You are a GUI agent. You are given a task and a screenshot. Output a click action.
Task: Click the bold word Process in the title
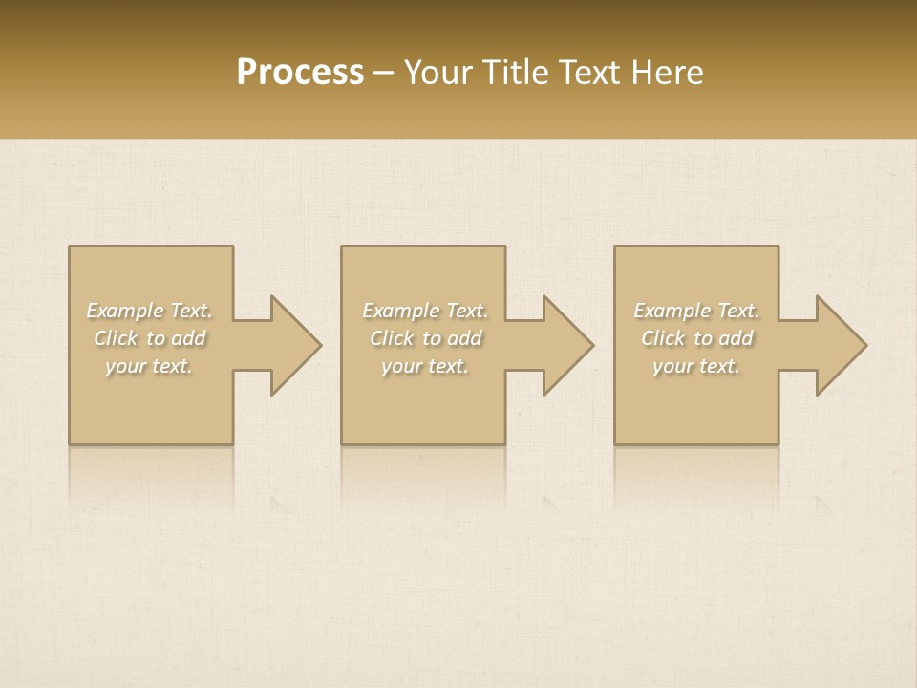[300, 73]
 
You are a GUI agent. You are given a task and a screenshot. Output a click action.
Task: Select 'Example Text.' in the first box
[150, 311]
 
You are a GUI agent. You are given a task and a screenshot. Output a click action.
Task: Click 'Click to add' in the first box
[150, 338]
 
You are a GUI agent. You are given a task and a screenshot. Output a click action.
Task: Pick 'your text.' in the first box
[150, 366]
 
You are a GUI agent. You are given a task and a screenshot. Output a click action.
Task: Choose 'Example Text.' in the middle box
[425, 311]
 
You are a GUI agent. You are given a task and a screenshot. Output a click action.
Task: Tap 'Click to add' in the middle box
[425, 338]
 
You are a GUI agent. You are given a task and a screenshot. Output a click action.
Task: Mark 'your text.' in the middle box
[425, 366]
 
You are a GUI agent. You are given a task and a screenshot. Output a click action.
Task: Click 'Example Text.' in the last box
[696, 311]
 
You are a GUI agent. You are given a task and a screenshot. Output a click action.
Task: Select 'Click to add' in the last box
[696, 338]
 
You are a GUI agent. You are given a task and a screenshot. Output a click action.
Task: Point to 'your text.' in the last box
[696, 366]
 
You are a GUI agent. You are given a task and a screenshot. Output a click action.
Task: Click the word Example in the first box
[125, 311]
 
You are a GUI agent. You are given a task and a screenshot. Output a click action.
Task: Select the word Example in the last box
[672, 311]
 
